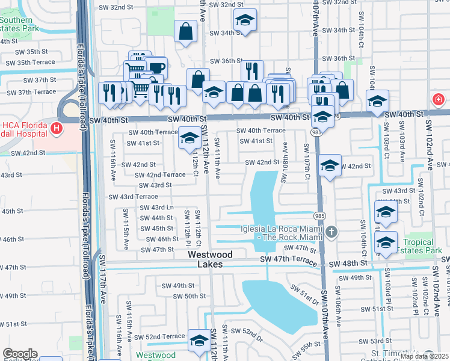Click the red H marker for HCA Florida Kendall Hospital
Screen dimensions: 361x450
coord(57,128)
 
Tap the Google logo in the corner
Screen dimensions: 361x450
coord(20,354)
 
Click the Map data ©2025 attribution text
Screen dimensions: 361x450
coord(424,356)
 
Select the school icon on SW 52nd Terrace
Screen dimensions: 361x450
coord(199,339)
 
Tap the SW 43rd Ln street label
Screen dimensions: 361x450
coord(156,208)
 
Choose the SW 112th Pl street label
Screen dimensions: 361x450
coord(188,224)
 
